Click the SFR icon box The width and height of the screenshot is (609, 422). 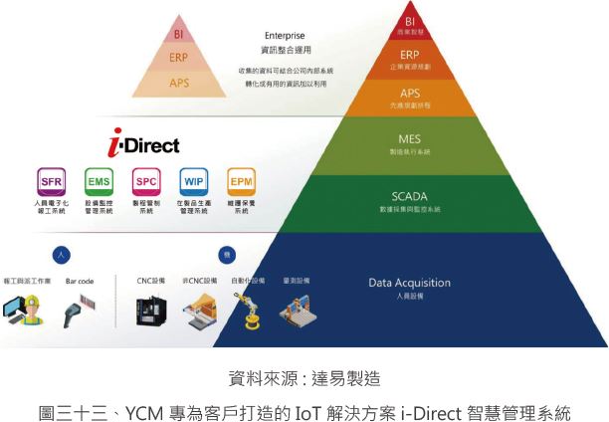click(x=51, y=182)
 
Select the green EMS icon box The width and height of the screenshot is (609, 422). click(x=99, y=182)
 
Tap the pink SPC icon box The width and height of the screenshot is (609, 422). click(x=146, y=182)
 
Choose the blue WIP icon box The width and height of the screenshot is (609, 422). click(x=194, y=182)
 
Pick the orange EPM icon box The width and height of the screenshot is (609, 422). click(x=241, y=182)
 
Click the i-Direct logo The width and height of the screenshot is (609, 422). click(x=145, y=145)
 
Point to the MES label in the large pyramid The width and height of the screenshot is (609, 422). click(x=410, y=138)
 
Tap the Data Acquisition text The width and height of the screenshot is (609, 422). click(x=410, y=283)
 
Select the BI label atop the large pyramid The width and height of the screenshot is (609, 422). click(x=410, y=18)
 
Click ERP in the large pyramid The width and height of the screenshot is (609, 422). click(x=410, y=54)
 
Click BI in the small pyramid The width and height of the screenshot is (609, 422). click(x=179, y=35)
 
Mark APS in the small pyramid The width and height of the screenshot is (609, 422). click(x=179, y=83)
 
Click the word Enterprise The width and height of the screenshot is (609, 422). click(x=285, y=36)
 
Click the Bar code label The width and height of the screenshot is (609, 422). click(x=80, y=282)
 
